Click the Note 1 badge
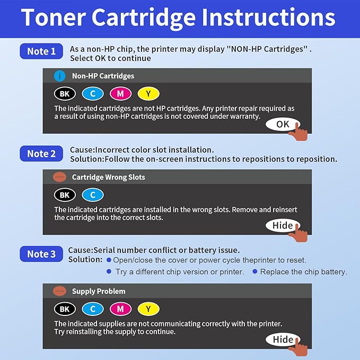coord(41,51)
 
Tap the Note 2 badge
coord(41,154)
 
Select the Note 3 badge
coord(41,254)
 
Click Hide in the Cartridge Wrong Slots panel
coord(283,225)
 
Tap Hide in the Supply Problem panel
coord(283,339)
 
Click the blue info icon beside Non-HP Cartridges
coord(60,76)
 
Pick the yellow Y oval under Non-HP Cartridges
coord(148,94)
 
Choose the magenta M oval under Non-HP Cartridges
coord(121,94)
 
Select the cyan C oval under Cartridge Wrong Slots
coord(93,195)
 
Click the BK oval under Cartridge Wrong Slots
coord(65,195)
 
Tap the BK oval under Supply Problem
coord(65,309)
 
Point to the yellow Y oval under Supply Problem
coord(148,309)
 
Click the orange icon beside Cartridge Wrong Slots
coord(60,177)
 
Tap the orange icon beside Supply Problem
coord(60,291)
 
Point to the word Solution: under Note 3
coord(85,259)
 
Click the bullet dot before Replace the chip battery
coord(255,271)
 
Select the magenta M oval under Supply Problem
coord(121,309)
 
